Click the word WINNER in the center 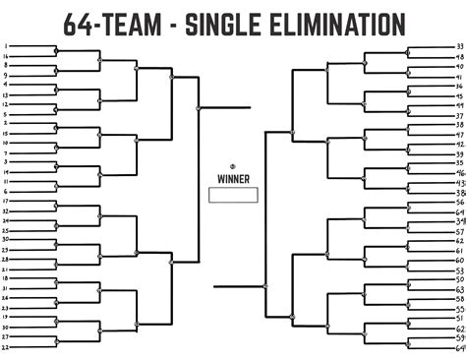(x=233, y=179)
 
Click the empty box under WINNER (x=233, y=195)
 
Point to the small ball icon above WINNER (x=233, y=164)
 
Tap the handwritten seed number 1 (x=7, y=46)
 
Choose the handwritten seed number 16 (x=7, y=56)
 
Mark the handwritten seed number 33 (x=460, y=46)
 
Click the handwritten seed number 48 (x=460, y=57)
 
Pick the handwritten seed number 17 (x=7, y=201)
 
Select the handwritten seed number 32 (x=7, y=210)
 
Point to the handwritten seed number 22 (x=7, y=347)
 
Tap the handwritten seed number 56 (x=460, y=202)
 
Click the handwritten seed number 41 (x=460, y=77)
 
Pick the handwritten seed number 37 (x=460, y=116)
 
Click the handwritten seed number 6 (x=7, y=191)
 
